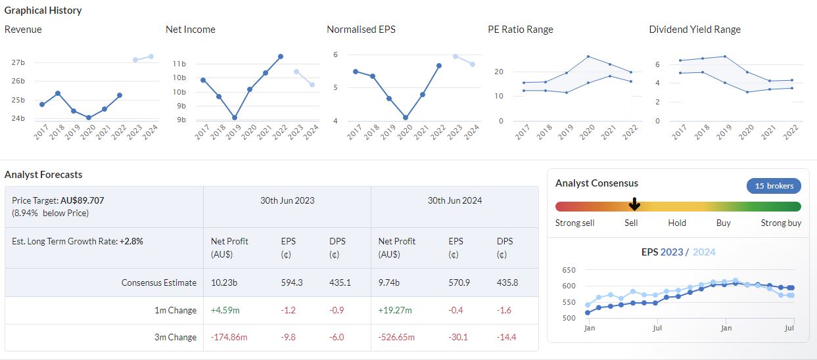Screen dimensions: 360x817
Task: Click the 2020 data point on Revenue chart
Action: pos(89,118)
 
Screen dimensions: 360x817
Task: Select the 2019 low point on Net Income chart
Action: pos(235,118)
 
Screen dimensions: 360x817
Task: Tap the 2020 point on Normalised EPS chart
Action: pos(406,118)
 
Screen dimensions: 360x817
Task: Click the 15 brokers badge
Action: pos(774,186)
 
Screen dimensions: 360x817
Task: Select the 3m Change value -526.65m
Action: pos(396,337)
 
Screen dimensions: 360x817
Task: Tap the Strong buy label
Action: pos(781,223)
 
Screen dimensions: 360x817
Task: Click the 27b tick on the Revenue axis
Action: pos(18,62)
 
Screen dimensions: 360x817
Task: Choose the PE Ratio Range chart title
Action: pos(520,30)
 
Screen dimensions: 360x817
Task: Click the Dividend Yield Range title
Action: pos(694,30)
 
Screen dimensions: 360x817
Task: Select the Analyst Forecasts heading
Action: pos(43,175)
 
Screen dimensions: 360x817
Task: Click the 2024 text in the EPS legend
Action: pos(704,252)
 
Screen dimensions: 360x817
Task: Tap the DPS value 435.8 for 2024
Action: pos(507,282)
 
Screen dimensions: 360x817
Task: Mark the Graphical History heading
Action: pos(43,11)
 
